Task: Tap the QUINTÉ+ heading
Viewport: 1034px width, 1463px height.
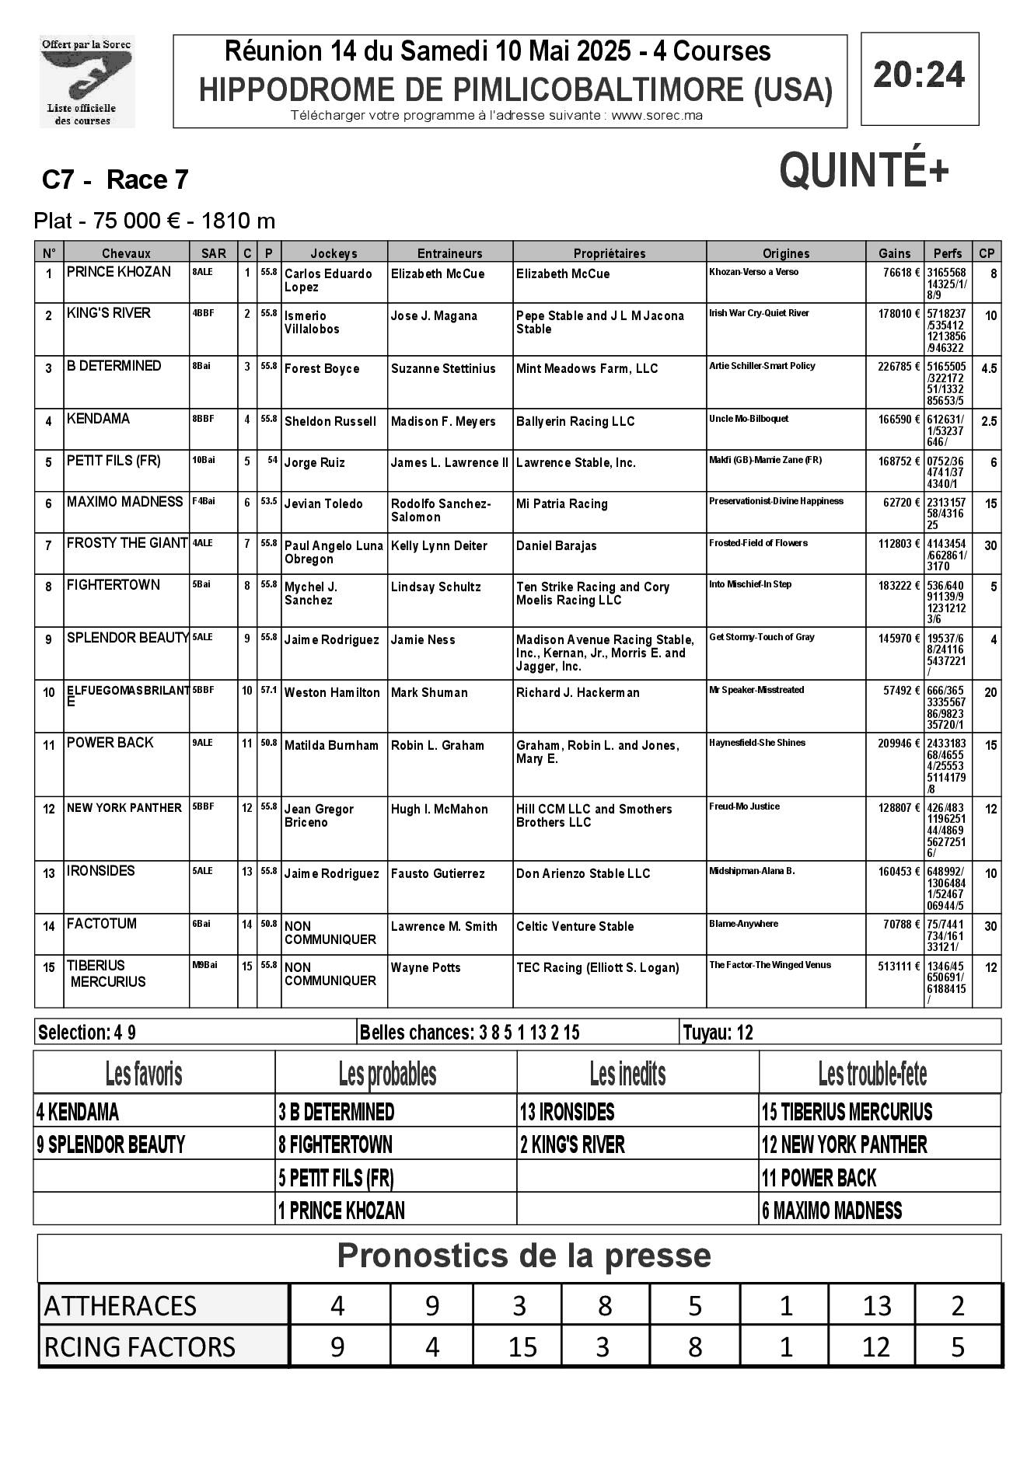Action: tap(864, 170)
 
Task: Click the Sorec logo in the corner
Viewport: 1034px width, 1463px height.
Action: tap(87, 82)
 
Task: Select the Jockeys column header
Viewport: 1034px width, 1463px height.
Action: tap(334, 253)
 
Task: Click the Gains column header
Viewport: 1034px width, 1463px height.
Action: tap(894, 253)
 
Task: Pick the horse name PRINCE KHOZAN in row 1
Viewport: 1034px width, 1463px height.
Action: tap(119, 272)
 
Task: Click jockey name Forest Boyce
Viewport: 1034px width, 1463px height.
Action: tap(322, 368)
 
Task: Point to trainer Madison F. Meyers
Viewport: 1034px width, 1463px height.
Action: tap(443, 421)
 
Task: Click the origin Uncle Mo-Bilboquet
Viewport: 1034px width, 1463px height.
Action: tap(749, 419)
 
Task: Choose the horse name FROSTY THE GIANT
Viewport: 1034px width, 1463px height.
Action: tap(128, 543)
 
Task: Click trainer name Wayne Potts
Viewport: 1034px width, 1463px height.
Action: tap(425, 967)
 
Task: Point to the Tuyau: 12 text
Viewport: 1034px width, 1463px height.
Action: tap(718, 1033)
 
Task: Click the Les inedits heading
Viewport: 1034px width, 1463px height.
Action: tap(627, 1074)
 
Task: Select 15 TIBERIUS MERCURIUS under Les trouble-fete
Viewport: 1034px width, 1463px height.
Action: tap(847, 1112)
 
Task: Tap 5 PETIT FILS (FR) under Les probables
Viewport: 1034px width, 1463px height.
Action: tap(336, 1178)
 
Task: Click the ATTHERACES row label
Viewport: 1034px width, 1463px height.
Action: tap(121, 1305)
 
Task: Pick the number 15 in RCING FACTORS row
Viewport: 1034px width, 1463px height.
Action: tap(522, 1346)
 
